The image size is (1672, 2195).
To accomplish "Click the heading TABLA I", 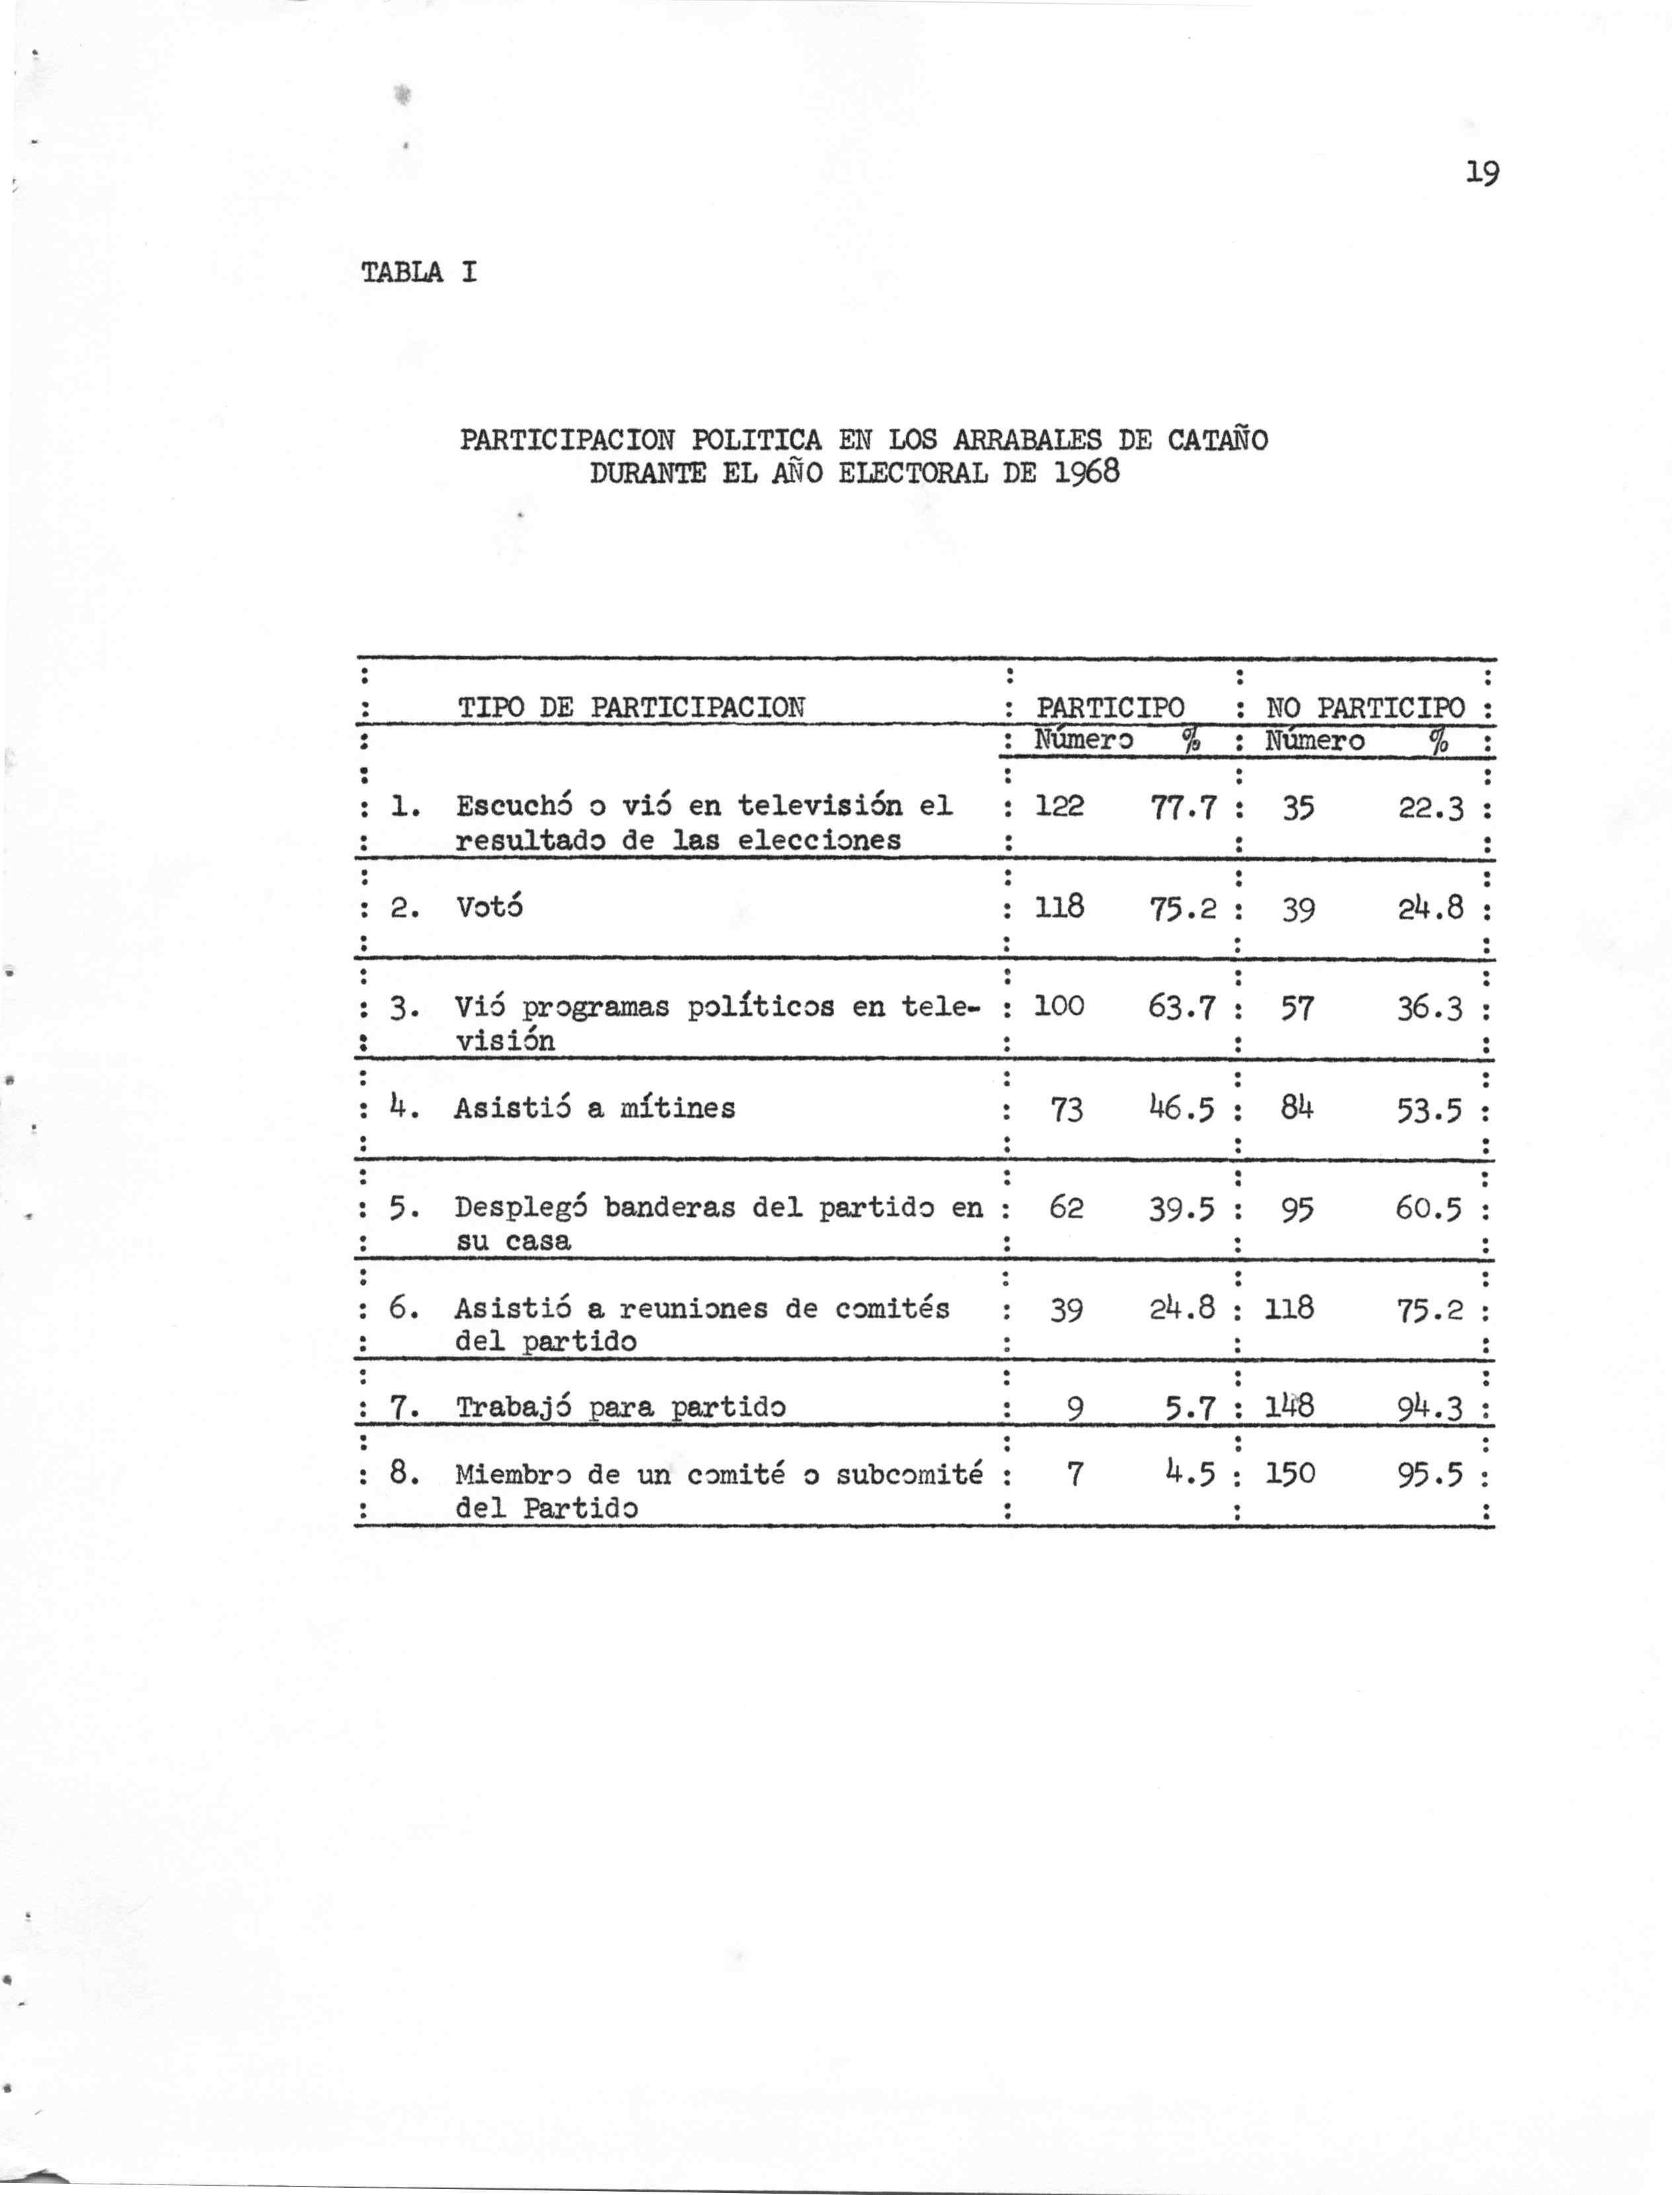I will (419, 272).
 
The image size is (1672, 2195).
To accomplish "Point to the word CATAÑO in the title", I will (1217, 439).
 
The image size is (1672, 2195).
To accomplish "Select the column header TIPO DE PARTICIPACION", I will (631, 708).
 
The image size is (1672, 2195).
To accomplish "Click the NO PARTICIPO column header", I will (1365, 708).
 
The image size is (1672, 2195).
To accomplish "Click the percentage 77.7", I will (1184, 807).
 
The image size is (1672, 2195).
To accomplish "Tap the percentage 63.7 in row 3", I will (1182, 1007).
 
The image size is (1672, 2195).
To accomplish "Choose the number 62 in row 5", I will (1066, 1208).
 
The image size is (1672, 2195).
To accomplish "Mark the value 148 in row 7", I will (1290, 1406).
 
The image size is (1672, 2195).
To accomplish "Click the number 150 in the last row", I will (1290, 1473).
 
